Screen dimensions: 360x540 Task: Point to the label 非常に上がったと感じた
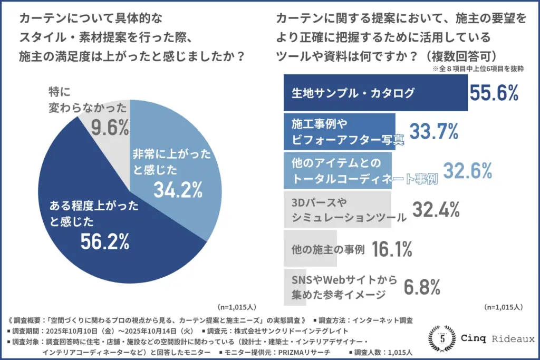(171, 161)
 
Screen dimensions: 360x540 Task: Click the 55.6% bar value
(494, 94)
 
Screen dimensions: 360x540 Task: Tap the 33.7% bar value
(434, 132)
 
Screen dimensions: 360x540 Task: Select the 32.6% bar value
(467, 170)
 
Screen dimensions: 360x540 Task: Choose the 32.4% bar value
(435, 209)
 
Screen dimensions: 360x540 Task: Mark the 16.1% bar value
(392, 249)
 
